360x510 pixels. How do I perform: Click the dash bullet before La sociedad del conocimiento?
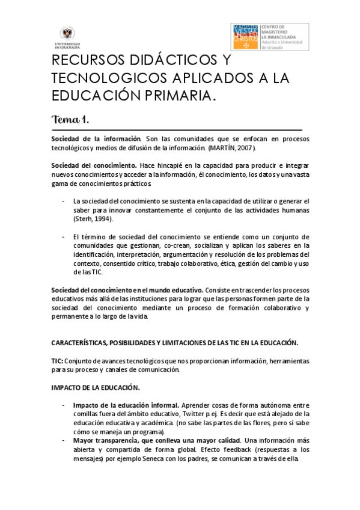[64, 201]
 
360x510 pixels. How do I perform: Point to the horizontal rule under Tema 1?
[176, 129]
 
